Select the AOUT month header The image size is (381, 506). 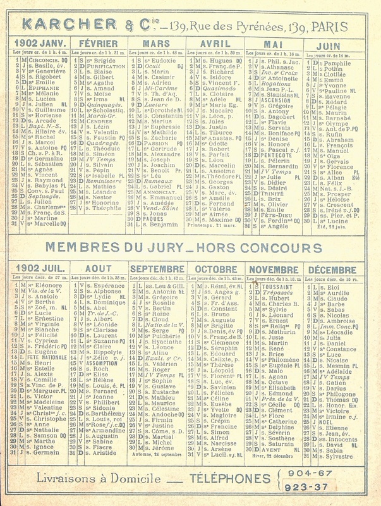(x=98, y=269)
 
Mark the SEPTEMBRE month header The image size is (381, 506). (x=157, y=269)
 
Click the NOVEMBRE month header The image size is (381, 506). (x=275, y=269)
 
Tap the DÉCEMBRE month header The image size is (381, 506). (x=335, y=269)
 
